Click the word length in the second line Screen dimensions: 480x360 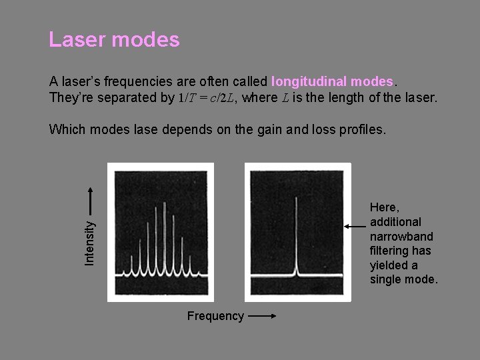(x=358, y=97)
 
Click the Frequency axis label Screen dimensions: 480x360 (x=215, y=316)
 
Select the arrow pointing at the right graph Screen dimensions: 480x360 (x=355, y=227)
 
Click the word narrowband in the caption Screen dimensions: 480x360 (x=401, y=236)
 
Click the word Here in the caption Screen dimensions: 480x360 (x=384, y=207)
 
